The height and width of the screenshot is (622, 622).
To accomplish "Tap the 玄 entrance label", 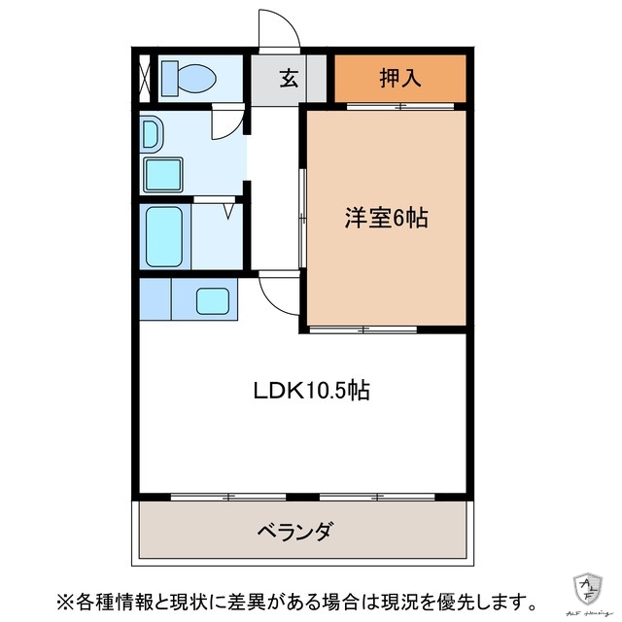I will pyautogui.click(x=289, y=79).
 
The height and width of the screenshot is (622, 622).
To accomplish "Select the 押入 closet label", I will pyautogui.click(x=399, y=79).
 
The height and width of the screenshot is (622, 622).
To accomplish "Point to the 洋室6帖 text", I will pyautogui.click(x=386, y=219).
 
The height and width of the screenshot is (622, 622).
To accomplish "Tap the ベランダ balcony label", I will pyautogui.click(x=296, y=532).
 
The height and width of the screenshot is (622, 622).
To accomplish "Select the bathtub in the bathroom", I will pyautogui.click(x=164, y=236).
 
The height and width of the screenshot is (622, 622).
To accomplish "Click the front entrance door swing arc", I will pyautogui.click(x=279, y=31).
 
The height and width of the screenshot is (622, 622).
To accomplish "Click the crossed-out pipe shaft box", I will pyautogui.click(x=144, y=77).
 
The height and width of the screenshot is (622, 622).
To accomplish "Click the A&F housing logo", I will pyautogui.click(x=588, y=587).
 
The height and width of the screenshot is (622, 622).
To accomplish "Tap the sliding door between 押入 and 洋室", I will pyautogui.click(x=399, y=106).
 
